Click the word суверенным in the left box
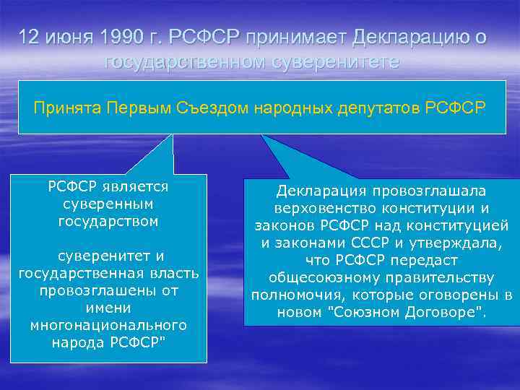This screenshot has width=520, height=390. click(x=108, y=204)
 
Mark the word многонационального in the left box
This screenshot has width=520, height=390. click(x=108, y=325)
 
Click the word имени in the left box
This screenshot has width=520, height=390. click(x=108, y=308)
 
